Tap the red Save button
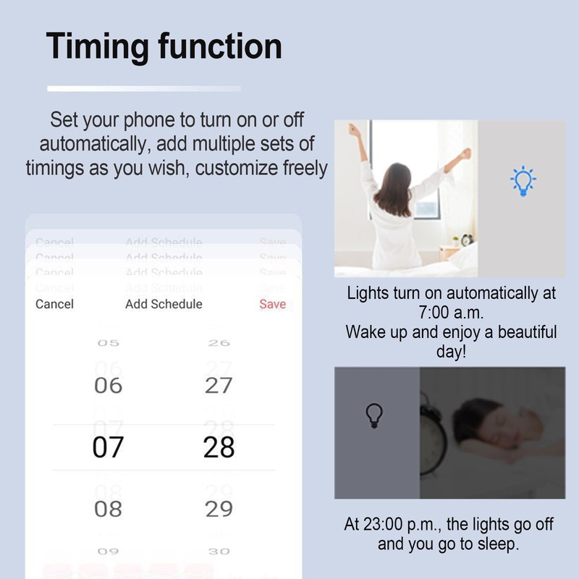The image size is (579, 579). [272, 304]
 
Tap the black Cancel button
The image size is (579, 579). [54, 304]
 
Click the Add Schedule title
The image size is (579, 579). [164, 304]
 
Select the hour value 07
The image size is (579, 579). [109, 448]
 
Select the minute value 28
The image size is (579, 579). [219, 448]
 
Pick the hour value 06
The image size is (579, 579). [109, 386]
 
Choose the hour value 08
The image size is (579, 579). [109, 509]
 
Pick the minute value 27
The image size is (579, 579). [219, 386]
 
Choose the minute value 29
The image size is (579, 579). [219, 509]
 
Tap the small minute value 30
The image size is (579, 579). [219, 551]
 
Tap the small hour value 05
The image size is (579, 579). [109, 343]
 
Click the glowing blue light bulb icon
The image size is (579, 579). [522, 180]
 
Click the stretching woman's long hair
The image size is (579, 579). [394, 189]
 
